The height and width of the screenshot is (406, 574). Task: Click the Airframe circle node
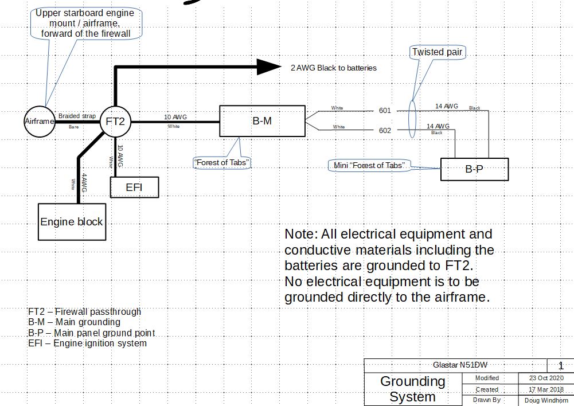click(x=39, y=121)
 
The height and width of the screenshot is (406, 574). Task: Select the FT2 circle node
click(x=115, y=121)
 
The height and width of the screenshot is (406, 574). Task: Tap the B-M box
click(x=262, y=121)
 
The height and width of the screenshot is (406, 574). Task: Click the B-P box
click(x=474, y=169)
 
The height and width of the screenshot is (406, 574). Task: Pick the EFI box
click(x=134, y=187)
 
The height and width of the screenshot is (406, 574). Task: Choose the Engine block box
click(x=72, y=221)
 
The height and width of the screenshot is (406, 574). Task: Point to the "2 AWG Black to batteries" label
click(x=333, y=68)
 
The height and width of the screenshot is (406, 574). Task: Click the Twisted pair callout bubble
click(x=437, y=52)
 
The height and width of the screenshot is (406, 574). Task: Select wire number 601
click(x=385, y=111)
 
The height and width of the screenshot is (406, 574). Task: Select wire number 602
click(x=385, y=130)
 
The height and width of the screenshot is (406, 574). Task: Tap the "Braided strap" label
click(x=77, y=116)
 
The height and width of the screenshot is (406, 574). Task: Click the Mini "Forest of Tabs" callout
click(x=369, y=166)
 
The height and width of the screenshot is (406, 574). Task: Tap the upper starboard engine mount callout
click(x=85, y=23)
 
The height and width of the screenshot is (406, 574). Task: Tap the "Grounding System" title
click(x=412, y=389)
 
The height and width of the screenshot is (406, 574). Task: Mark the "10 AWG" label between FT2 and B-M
click(x=175, y=117)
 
